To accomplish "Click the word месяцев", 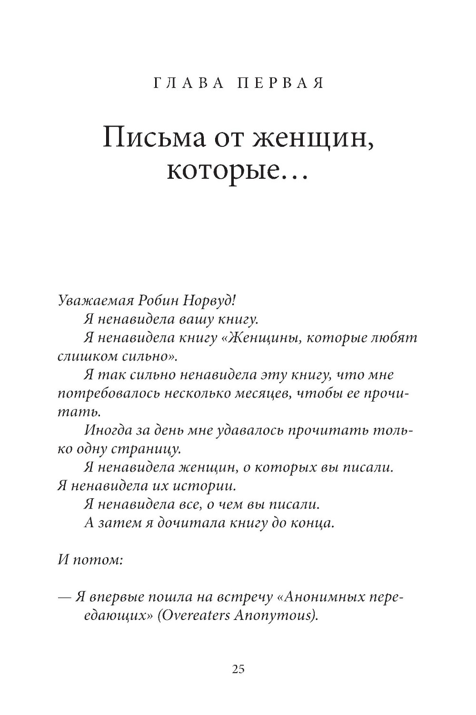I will (258, 394).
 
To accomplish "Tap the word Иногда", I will (108, 430).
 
